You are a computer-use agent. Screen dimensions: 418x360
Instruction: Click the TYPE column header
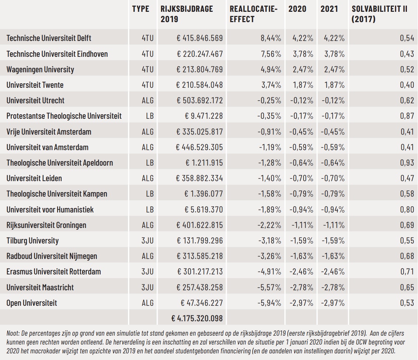(140, 9)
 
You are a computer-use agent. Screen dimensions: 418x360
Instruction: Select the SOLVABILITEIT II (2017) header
(379, 14)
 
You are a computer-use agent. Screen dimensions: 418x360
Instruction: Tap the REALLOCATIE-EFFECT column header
(254, 14)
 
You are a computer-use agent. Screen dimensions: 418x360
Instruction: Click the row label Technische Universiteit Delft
(49, 38)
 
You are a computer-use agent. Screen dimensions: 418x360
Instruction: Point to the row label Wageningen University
(40, 69)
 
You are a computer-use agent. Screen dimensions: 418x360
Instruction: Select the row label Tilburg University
(32, 241)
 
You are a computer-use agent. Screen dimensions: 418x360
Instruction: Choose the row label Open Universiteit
(32, 303)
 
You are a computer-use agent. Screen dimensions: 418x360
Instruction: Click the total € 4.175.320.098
(197, 318)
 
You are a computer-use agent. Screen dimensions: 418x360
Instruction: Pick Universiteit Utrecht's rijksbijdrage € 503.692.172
(199, 100)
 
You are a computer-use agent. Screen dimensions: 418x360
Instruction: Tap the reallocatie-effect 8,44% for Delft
(271, 38)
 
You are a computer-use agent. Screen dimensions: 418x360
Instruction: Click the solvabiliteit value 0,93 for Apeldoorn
(407, 163)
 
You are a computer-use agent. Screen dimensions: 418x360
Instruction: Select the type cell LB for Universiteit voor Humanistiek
(150, 210)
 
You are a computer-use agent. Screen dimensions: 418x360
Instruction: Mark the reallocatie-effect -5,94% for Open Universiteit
(269, 303)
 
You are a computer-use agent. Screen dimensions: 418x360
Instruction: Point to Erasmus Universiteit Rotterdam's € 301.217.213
(200, 271)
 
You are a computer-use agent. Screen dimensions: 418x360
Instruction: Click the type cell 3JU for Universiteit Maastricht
(148, 287)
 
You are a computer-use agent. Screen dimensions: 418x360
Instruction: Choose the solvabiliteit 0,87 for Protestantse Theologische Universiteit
(407, 116)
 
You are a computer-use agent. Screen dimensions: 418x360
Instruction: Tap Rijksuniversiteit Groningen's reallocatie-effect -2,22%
(269, 225)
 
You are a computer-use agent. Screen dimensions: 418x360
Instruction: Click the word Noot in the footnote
(13, 333)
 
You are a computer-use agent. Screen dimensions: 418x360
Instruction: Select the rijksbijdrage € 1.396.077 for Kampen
(204, 194)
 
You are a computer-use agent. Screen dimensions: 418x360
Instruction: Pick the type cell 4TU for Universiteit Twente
(148, 85)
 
